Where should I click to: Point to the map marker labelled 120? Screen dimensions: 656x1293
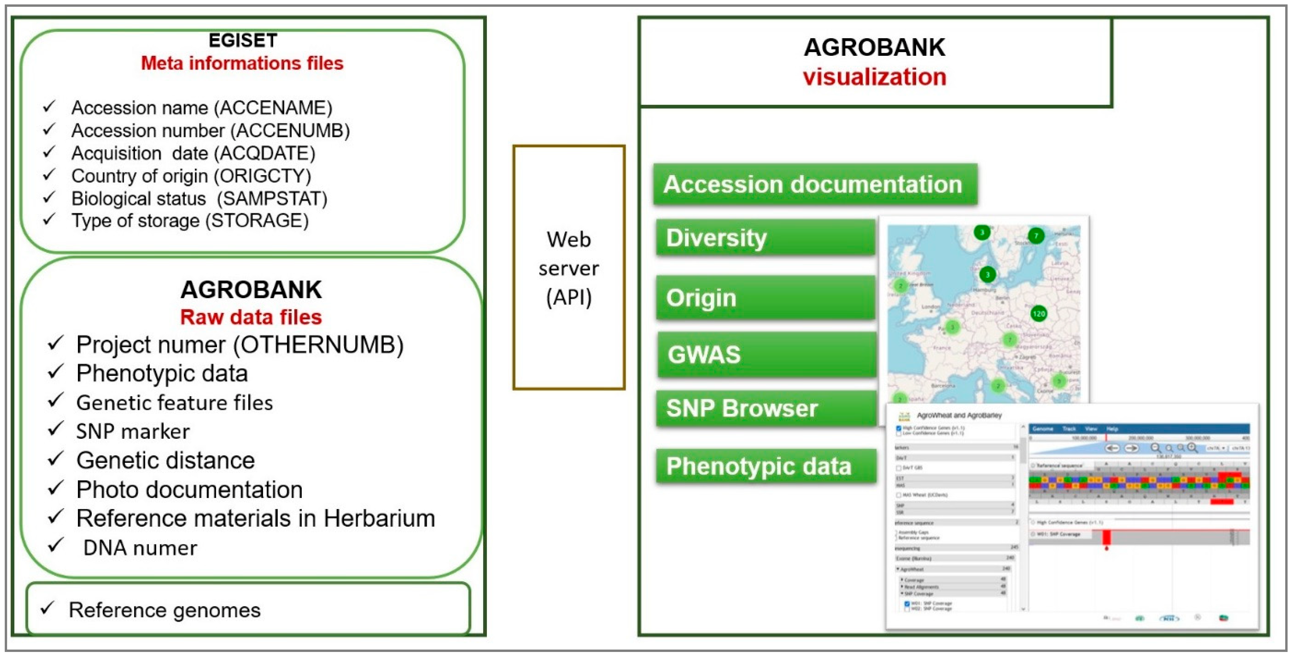coord(1038,314)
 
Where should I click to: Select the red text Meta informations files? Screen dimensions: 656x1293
coord(242,63)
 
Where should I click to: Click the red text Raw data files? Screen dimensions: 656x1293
coord(251,317)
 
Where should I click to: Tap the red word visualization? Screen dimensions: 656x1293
coord(875,77)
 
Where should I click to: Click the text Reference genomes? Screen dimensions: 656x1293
coord(165,610)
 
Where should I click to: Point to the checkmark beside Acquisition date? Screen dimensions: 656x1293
coord(49,152)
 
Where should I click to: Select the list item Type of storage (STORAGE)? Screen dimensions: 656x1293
coord(190,221)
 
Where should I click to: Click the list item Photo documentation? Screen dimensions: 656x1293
coord(189,490)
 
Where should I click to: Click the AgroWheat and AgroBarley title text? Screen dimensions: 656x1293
coord(959,415)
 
